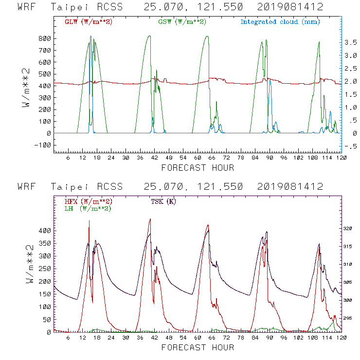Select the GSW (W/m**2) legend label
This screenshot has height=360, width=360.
(x=182, y=22)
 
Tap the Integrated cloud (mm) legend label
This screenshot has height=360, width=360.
(x=280, y=22)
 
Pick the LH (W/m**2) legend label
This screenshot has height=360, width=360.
(x=88, y=208)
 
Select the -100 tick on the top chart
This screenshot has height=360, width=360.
(x=41, y=145)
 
